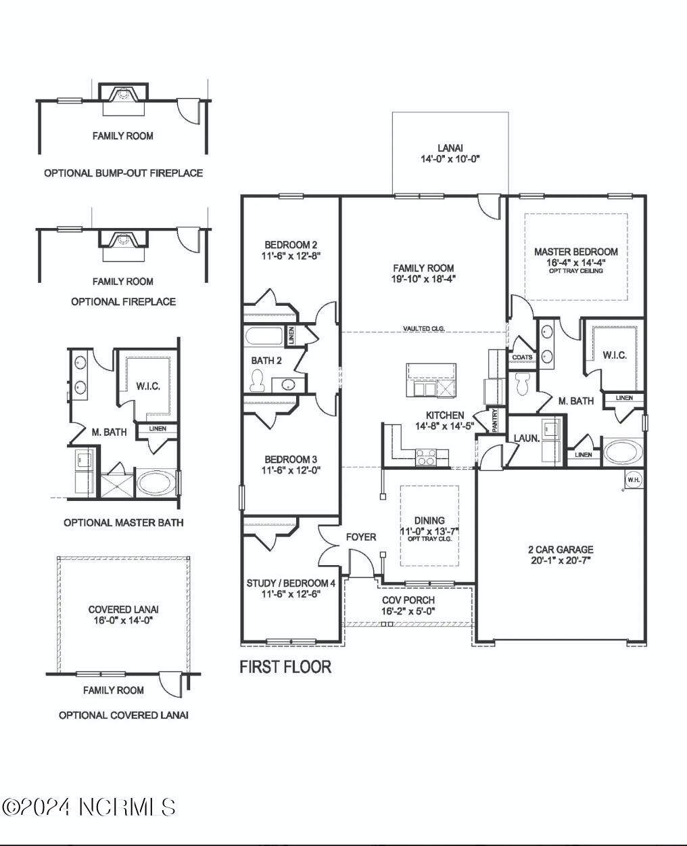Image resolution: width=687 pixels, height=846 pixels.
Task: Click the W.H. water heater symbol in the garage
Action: coord(634,480)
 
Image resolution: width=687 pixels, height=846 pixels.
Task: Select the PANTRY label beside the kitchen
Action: coord(494,420)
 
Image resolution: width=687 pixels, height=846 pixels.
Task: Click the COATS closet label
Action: coord(522,357)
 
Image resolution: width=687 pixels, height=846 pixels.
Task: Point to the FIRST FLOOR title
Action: coord(285,667)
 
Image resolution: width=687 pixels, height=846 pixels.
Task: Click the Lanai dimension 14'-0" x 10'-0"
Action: coord(450,159)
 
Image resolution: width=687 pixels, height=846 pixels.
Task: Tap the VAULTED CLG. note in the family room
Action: coord(424,328)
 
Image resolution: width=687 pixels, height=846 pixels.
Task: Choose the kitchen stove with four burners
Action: coord(426,457)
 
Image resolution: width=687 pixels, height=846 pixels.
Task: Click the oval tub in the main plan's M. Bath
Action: coord(622,452)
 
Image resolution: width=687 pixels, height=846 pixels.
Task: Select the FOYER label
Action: coord(361,537)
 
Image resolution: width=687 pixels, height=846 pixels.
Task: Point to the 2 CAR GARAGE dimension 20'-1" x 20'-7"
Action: coord(561,560)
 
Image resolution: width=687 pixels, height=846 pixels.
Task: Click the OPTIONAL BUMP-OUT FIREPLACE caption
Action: coord(124,173)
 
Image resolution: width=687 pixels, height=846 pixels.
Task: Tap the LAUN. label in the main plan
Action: coord(527,439)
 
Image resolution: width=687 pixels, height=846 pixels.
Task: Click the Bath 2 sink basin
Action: coord(288,384)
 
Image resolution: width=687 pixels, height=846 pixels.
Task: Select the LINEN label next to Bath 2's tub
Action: coord(291,336)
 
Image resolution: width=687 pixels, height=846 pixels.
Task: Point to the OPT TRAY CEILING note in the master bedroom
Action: coord(576,271)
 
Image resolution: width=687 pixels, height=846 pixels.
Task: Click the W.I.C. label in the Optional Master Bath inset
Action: coord(148,386)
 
